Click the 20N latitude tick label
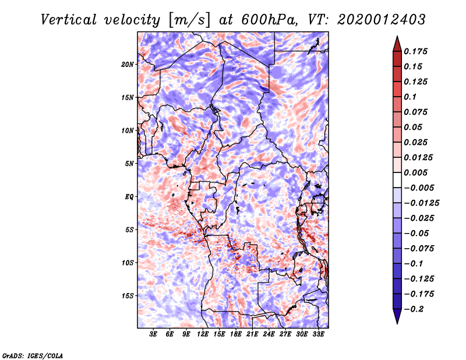(128, 64)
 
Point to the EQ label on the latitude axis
(129, 196)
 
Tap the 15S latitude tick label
(128, 295)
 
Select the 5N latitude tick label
(129, 163)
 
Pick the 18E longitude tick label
(236, 335)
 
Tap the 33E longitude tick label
(318, 335)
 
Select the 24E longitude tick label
(269, 335)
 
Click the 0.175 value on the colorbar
(416, 51)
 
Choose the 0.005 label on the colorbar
(416, 172)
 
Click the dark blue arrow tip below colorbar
(397, 320)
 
